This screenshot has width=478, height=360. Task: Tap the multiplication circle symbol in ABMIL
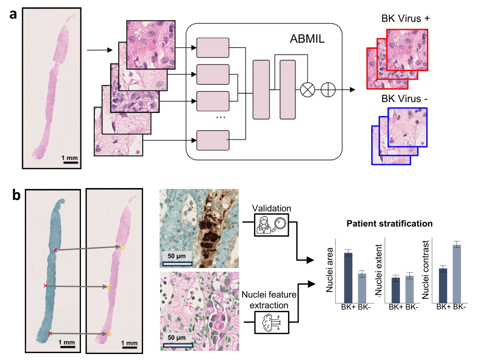(307, 90)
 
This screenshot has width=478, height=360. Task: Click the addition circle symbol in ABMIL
(328, 90)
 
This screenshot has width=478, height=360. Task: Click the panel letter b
(15, 195)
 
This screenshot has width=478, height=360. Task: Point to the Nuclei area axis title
(329, 273)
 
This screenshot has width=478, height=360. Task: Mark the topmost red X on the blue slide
(56, 250)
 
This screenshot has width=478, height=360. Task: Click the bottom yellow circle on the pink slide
(109, 334)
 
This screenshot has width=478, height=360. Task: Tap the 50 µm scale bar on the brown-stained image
(177, 263)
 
